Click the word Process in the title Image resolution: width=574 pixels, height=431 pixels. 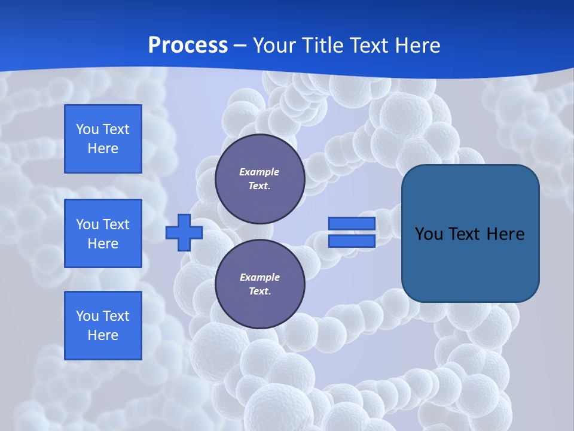(x=188, y=45)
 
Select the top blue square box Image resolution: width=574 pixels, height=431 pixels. (x=103, y=139)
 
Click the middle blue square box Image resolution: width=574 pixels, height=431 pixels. (x=103, y=233)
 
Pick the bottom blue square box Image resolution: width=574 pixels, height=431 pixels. (x=103, y=326)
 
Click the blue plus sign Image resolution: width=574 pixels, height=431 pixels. (x=184, y=232)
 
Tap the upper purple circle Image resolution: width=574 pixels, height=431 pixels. (x=260, y=179)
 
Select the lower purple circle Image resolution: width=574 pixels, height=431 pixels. (x=260, y=284)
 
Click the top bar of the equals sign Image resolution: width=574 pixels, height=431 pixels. (x=352, y=224)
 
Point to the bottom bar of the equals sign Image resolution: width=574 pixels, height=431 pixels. (x=352, y=241)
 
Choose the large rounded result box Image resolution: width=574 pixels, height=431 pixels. (x=470, y=233)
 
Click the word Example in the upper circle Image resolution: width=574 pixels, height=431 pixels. (x=259, y=172)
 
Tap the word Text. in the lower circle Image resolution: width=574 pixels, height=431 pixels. (x=259, y=292)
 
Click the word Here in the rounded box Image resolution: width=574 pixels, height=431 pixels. (x=505, y=234)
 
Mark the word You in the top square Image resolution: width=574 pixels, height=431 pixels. (x=87, y=129)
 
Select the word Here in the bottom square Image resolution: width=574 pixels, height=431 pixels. (x=103, y=335)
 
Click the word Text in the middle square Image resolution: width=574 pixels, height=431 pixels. (x=116, y=224)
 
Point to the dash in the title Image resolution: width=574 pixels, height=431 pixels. (x=240, y=45)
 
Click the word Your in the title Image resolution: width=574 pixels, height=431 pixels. (x=274, y=45)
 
